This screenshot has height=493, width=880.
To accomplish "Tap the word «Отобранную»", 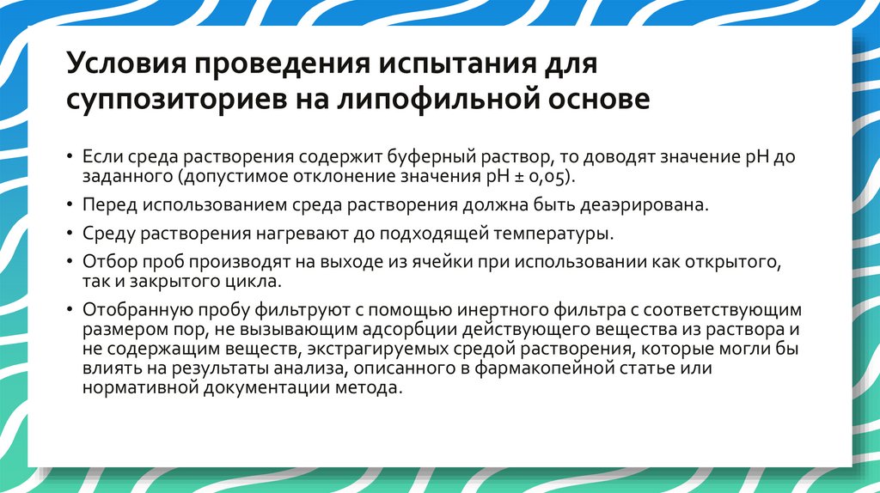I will click(x=128, y=310).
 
